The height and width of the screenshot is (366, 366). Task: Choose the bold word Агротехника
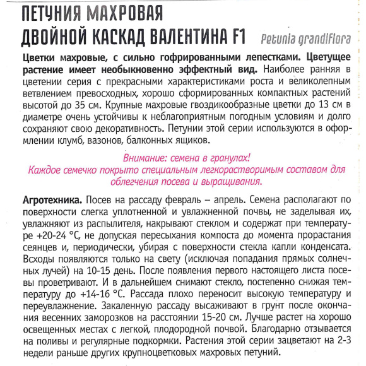(44, 199)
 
